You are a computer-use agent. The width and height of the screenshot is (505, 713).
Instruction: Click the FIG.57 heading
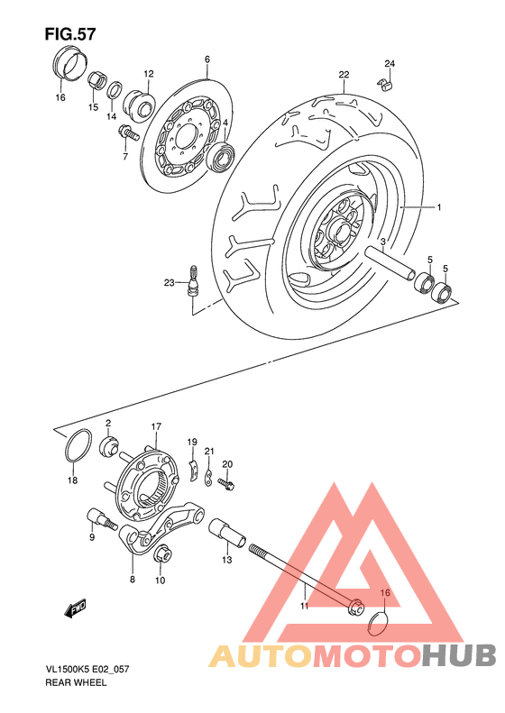click(x=69, y=33)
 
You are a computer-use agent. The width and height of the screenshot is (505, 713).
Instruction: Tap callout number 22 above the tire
click(x=344, y=74)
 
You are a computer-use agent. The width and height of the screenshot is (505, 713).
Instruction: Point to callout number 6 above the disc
click(x=207, y=59)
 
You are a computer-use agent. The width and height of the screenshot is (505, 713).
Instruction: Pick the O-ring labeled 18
click(x=78, y=445)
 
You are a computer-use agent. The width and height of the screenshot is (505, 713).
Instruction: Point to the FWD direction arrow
click(x=74, y=609)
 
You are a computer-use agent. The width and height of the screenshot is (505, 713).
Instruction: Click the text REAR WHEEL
click(x=76, y=683)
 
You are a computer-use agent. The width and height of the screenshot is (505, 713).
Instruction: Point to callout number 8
click(x=132, y=580)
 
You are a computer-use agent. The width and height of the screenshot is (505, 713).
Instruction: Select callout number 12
click(x=148, y=74)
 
